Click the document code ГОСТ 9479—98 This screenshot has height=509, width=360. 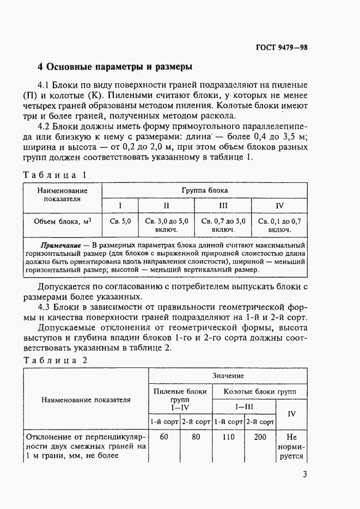tap(282, 47)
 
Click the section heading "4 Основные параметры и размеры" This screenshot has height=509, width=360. tap(114, 68)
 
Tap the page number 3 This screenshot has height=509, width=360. tap(304, 474)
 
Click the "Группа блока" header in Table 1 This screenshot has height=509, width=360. tap(205, 191)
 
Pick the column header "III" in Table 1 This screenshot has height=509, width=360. tap(223, 205)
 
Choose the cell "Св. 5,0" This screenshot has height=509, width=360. tap(120, 222)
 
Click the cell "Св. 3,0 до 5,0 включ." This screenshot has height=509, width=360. tap(167, 225)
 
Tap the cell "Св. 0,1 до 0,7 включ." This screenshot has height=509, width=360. tap(279, 225)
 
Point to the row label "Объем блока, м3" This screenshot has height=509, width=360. tap(62, 222)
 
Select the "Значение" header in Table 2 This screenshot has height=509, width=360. tap(228, 376)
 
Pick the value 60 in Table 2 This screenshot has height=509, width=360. tap(164, 437)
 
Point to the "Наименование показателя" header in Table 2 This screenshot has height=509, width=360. tap(86, 399)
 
